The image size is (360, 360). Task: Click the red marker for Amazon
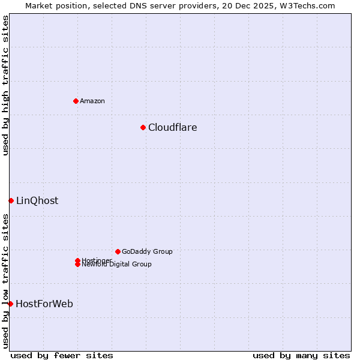pyautogui.click(x=76, y=101)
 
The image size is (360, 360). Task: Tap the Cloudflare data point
pyautogui.click(x=143, y=127)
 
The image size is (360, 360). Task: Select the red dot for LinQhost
pyautogui.click(x=11, y=200)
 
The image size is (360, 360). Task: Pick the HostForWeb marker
pyautogui.click(x=10, y=304)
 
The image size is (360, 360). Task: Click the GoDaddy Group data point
pyautogui.click(x=118, y=251)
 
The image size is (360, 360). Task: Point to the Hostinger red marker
pyautogui.click(x=77, y=260)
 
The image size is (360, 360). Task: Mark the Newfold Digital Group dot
pyautogui.click(x=77, y=264)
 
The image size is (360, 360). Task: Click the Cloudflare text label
pyautogui.click(x=172, y=127)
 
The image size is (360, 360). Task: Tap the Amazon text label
pyautogui.click(x=92, y=101)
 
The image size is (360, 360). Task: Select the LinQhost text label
pyautogui.click(x=37, y=200)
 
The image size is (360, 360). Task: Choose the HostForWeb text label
pyautogui.click(x=44, y=304)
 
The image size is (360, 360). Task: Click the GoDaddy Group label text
pyautogui.click(x=147, y=251)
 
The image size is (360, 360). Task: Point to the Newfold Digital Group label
pyautogui.click(x=116, y=265)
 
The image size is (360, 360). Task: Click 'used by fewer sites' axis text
pyautogui.click(x=62, y=355)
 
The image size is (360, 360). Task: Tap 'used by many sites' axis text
pyautogui.click(x=301, y=355)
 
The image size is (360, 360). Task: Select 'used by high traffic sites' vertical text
pyautogui.click(x=5, y=85)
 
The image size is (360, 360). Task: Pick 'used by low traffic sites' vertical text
pyautogui.click(x=5, y=281)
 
